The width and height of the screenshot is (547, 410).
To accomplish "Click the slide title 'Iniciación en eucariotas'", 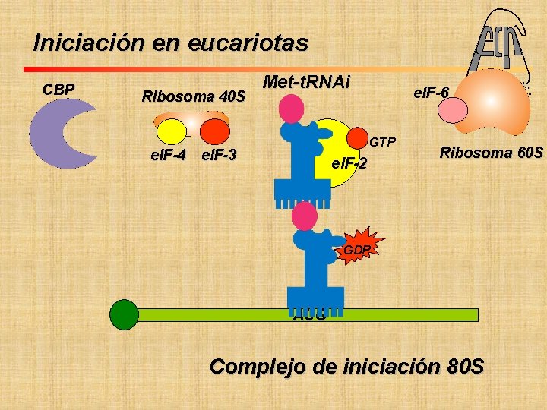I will coord(171,43).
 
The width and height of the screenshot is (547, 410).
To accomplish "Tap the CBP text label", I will coord(58,90).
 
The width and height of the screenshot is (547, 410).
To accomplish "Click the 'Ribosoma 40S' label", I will coord(194,96).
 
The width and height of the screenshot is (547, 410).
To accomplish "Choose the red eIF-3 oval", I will coord(214,132).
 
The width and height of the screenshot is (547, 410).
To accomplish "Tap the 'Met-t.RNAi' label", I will coord(305,82).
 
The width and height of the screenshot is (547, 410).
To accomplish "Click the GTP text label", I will coord(383,142).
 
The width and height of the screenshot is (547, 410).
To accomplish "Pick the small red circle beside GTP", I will coord(356,139).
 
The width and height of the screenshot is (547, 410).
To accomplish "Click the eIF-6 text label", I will coord(431,93).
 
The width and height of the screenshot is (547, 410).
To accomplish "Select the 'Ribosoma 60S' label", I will coord(492,153).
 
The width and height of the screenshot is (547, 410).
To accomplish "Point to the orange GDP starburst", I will coord(356,249).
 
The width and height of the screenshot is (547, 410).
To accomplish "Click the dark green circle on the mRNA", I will coord(124,314).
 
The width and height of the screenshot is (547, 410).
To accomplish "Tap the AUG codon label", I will coord(309,317).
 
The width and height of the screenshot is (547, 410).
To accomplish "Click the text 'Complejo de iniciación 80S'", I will coord(346,367).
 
